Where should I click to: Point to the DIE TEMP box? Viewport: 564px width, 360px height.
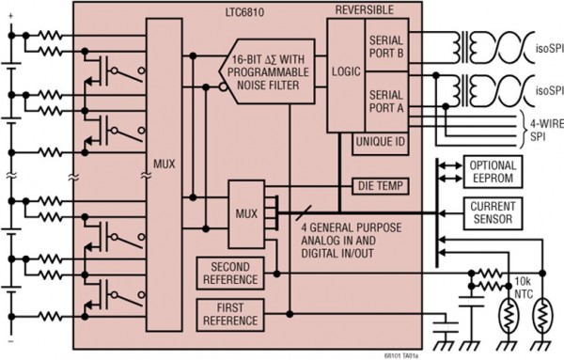click(380, 185)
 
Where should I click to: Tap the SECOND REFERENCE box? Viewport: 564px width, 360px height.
click(228, 273)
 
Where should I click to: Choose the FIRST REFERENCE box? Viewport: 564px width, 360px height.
click(228, 315)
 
